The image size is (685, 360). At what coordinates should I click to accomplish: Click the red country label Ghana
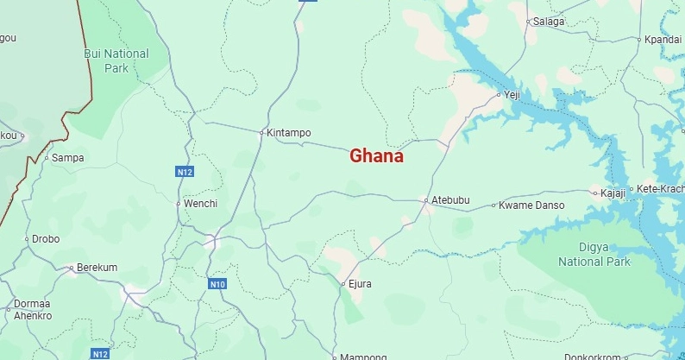click(x=376, y=156)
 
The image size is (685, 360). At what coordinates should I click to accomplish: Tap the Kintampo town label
click(x=289, y=133)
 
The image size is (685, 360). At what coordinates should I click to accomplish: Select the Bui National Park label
click(x=116, y=60)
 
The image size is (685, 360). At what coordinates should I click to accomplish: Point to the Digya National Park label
click(x=594, y=255)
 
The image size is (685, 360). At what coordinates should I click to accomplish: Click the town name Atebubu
click(x=450, y=200)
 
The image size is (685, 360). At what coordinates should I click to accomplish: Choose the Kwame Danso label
click(x=532, y=205)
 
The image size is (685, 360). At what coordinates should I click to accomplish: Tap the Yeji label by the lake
click(x=513, y=95)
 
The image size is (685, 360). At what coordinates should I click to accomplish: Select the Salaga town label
click(x=549, y=22)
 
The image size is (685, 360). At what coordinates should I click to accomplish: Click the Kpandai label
click(x=663, y=40)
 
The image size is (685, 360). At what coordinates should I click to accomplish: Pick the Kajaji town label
click(x=613, y=193)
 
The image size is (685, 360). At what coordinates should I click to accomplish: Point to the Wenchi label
click(x=200, y=204)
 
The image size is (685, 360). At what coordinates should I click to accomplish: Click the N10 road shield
click(x=217, y=284)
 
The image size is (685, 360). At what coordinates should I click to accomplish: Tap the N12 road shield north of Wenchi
click(x=185, y=173)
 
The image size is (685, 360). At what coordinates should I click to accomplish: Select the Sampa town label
click(x=68, y=158)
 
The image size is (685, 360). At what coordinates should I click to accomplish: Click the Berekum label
click(x=97, y=268)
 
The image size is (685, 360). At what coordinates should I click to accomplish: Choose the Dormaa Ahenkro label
click(x=33, y=310)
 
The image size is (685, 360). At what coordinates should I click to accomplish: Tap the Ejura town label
click(x=360, y=283)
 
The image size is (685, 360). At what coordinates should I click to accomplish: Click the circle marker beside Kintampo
click(x=261, y=133)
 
